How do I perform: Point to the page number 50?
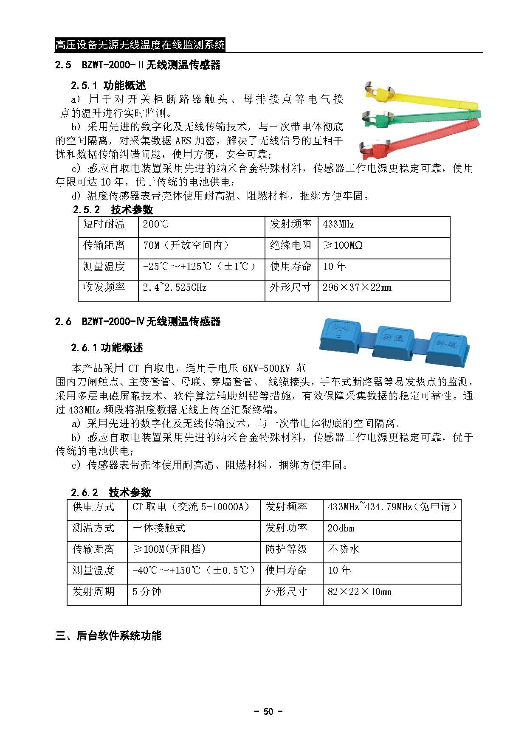pyautogui.click(x=268, y=712)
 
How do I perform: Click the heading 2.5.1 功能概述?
pyautogui.click(x=108, y=86)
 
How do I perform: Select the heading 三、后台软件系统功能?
pyautogui.click(x=109, y=636)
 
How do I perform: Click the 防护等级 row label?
pyautogui.click(x=286, y=550)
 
